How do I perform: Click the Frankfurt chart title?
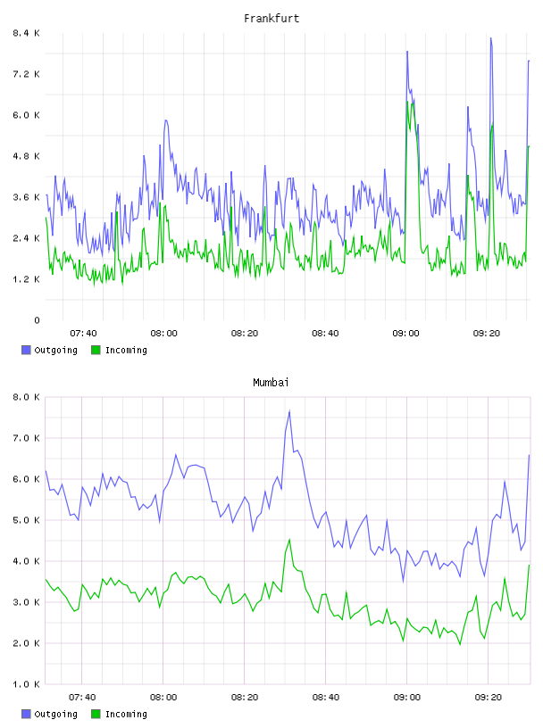[x=271, y=19]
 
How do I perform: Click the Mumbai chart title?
[x=271, y=383]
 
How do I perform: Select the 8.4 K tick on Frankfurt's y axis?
[x=27, y=33]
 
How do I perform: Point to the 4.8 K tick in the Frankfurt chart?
[x=27, y=156]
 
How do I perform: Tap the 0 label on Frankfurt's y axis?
[x=38, y=320]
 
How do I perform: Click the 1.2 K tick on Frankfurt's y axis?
[x=27, y=279]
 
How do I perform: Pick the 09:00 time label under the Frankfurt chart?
[x=405, y=334]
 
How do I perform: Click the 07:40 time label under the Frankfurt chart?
[x=83, y=334]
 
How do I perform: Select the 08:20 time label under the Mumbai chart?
[x=245, y=698]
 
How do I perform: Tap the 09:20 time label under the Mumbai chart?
[x=489, y=698]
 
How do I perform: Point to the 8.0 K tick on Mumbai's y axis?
[x=27, y=397]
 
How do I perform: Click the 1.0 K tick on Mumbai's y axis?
[x=27, y=684]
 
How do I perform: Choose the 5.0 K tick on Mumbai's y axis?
[x=27, y=520]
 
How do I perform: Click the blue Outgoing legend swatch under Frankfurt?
[x=26, y=350]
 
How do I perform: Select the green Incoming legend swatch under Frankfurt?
[x=96, y=350]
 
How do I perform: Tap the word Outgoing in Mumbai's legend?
[x=55, y=714]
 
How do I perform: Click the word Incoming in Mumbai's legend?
[x=126, y=714]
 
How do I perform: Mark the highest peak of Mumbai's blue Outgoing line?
[x=289, y=410]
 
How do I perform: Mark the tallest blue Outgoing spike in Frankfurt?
[x=490, y=38]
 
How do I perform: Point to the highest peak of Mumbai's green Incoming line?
[x=289, y=540]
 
